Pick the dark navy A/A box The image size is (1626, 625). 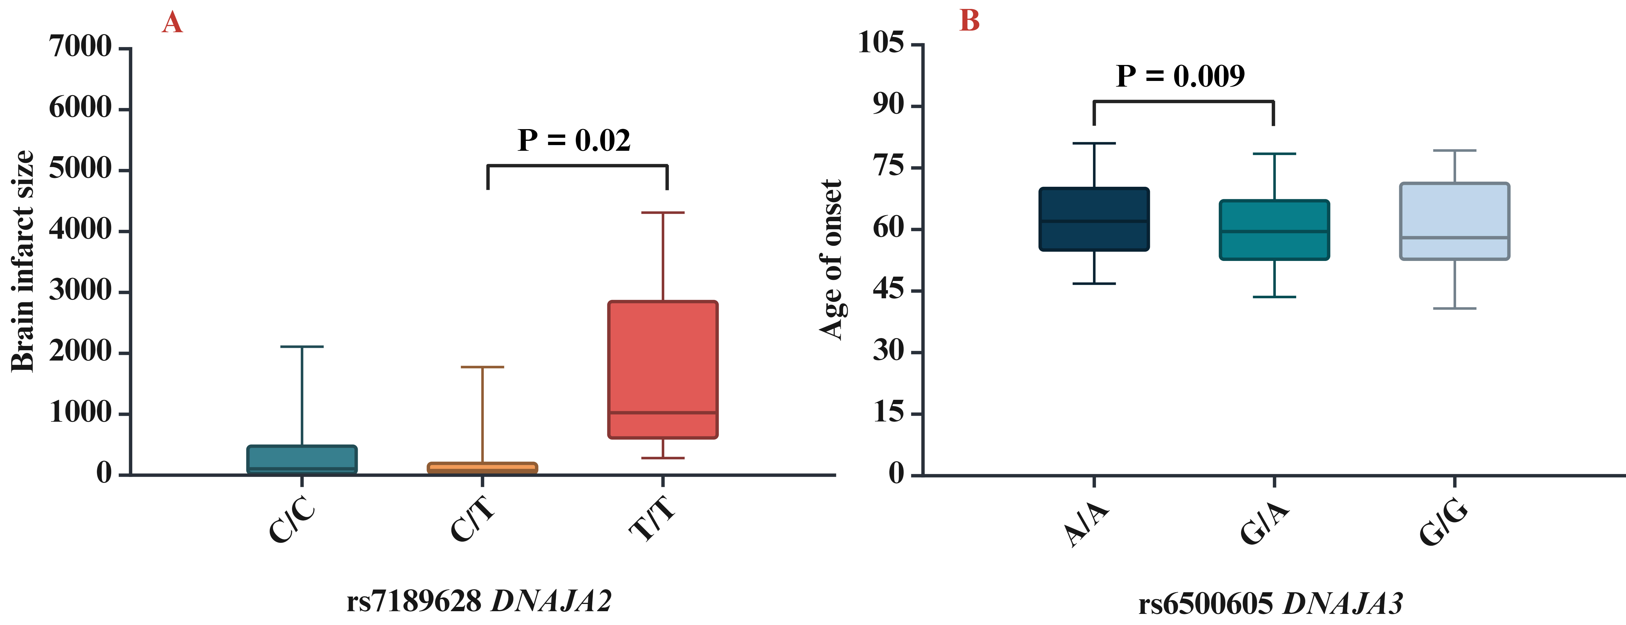pos(1094,219)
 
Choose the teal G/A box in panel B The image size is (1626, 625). pos(1275,230)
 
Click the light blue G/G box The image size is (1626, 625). pos(1455,221)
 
